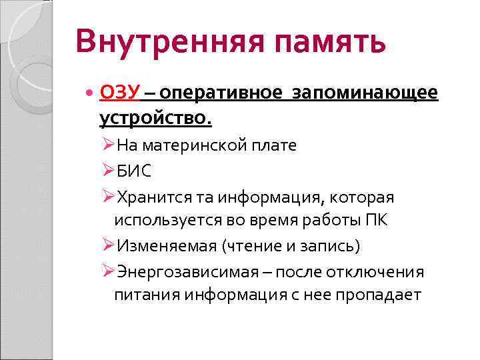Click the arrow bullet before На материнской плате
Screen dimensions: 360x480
(109, 145)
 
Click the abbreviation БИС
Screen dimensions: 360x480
(134, 171)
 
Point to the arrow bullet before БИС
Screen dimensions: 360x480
(109, 171)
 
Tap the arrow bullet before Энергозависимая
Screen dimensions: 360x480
(109, 272)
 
